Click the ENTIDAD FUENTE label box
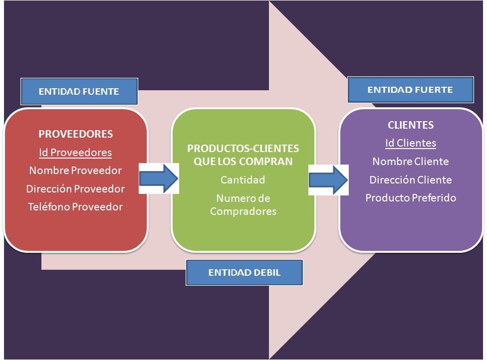point(78,91)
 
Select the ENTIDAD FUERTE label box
point(410,90)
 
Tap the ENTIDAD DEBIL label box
point(244,273)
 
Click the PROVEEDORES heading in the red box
point(75,134)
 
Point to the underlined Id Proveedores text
point(75,153)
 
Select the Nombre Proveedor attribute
point(75,171)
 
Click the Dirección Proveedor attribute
point(75,188)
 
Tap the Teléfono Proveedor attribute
point(75,206)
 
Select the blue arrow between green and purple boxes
point(328,178)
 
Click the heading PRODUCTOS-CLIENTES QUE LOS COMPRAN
point(243,155)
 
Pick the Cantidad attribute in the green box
point(243,180)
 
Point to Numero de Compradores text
point(243,205)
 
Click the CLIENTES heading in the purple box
point(411,125)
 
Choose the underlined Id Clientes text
point(411,144)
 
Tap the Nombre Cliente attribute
point(411,162)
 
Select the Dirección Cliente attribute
point(411,180)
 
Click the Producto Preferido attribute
point(411,198)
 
